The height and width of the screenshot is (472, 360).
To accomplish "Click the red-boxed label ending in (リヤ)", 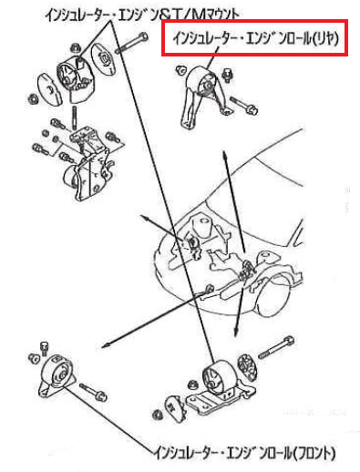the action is coord(255,39).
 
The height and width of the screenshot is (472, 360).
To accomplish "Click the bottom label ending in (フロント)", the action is coord(245,454).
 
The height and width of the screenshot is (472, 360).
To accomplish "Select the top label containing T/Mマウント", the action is coord(142,15).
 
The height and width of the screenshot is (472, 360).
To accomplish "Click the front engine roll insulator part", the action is coord(57,376).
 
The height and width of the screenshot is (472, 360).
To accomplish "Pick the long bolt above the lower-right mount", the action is coord(275,346).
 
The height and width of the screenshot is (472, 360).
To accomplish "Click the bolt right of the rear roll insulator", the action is coord(243,105).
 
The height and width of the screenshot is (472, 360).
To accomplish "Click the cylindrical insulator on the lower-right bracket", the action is coord(219,376).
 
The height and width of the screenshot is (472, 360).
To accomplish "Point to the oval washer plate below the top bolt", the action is coord(104,59).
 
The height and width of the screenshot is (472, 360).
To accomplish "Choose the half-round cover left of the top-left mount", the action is coord(49,88).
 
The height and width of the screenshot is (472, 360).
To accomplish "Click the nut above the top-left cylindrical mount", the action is coord(74,48).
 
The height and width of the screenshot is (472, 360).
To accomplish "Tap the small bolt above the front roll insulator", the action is coord(45,347).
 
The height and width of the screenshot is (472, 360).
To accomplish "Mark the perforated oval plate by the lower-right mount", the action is coord(247,366).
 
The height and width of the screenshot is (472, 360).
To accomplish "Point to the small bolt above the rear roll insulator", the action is coord(226,75).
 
